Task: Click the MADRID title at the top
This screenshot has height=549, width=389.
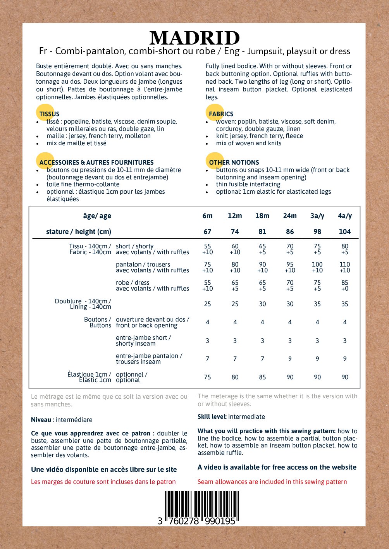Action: (x=194, y=38)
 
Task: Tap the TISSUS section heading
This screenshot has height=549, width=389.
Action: (x=49, y=114)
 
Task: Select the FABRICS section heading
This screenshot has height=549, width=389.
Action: (x=221, y=114)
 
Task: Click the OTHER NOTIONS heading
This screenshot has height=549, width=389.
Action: (x=234, y=162)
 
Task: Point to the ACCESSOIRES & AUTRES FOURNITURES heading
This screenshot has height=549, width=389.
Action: (x=96, y=162)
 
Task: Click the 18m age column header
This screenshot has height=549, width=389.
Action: (x=262, y=216)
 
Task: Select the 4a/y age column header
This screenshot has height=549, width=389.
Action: (x=344, y=216)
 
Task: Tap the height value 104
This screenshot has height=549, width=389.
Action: (x=344, y=232)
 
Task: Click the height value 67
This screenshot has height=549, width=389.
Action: (x=207, y=232)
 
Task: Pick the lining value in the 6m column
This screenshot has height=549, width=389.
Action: (x=207, y=304)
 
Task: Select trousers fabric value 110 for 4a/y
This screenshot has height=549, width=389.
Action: (x=344, y=265)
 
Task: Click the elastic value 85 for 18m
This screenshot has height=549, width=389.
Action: (x=262, y=377)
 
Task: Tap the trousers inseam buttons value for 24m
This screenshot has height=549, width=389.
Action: (x=290, y=359)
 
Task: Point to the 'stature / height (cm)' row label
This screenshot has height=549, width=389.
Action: (x=79, y=232)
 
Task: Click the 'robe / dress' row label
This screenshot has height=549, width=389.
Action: (x=133, y=283)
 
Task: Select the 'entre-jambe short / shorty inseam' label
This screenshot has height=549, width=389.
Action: (x=143, y=341)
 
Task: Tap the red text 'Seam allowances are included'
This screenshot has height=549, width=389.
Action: (x=272, y=482)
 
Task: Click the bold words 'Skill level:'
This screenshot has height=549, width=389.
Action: (x=212, y=417)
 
